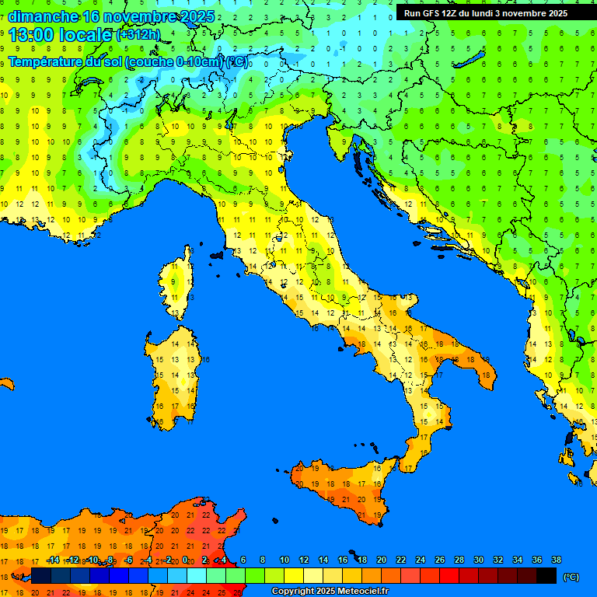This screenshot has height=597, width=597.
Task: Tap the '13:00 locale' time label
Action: click(x=60, y=34)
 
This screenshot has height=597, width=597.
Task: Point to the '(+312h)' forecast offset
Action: click(x=138, y=35)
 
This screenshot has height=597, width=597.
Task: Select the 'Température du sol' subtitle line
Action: click(x=128, y=61)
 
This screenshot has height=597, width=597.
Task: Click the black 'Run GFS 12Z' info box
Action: click(x=486, y=13)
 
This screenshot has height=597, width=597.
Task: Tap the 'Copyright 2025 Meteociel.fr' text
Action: click(x=330, y=592)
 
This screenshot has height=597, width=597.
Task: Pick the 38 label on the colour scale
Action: click(x=557, y=560)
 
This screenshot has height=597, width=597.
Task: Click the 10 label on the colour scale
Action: click(x=285, y=560)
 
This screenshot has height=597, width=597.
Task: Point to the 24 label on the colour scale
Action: click(x=421, y=560)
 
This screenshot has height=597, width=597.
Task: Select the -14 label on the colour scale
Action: click(x=53, y=560)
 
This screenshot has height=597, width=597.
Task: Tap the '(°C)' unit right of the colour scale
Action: click(x=571, y=577)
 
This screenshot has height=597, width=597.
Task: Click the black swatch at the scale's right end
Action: click(x=546, y=576)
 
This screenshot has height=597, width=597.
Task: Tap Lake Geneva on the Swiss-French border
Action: click(x=89, y=82)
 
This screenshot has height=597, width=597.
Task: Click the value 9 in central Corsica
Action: click(x=176, y=281)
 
